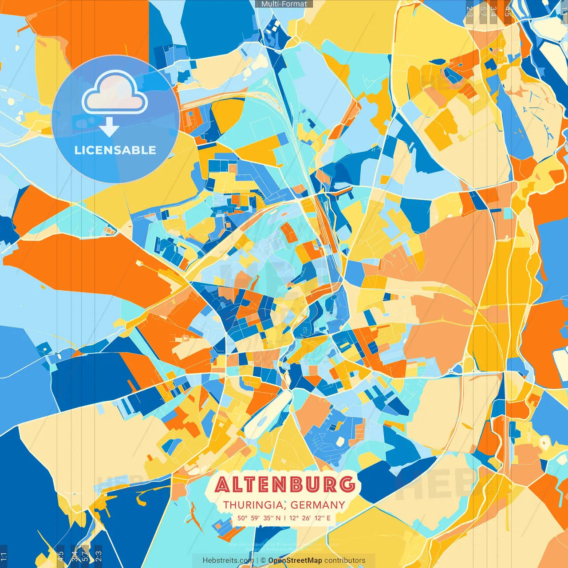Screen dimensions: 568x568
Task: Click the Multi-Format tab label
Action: tap(284, 4)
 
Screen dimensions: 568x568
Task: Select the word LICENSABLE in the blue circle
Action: tap(115, 150)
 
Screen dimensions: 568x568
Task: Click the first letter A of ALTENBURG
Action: tap(224, 485)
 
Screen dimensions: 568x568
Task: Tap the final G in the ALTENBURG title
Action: tap(347, 485)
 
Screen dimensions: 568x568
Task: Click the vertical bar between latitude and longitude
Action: tap(285, 518)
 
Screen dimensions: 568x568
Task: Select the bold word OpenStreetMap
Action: tap(295, 560)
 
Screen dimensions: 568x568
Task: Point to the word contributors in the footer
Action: tap(345, 560)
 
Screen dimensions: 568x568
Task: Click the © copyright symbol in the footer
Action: tap(263, 560)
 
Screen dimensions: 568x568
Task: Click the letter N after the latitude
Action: tap(278, 518)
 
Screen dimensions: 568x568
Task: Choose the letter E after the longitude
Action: tap(328, 518)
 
